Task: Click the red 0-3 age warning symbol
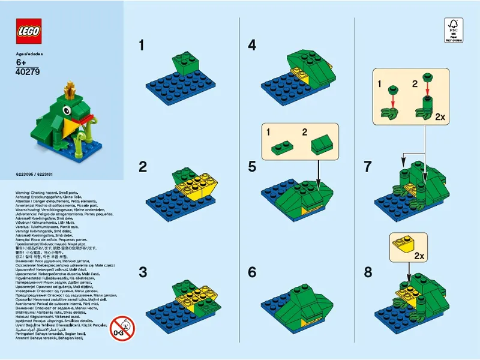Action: [122, 328]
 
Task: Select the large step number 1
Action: [142, 45]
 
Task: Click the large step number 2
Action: [143, 167]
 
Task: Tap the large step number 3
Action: [143, 272]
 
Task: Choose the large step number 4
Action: [252, 45]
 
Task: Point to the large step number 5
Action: [252, 167]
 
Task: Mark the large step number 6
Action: [252, 272]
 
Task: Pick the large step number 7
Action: [368, 167]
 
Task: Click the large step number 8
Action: [368, 272]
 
